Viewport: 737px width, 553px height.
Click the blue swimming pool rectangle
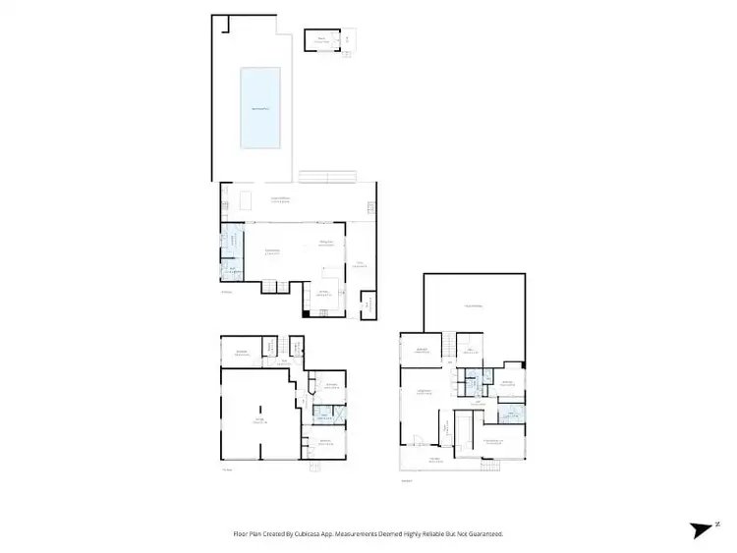[261, 107]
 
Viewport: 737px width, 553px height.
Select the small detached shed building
[320, 41]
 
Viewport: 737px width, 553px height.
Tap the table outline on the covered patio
[244, 202]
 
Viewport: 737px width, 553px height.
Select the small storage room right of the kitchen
[368, 305]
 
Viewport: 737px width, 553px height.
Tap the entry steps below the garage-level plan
[314, 467]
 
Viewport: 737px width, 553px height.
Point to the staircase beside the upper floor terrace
[446, 345]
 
